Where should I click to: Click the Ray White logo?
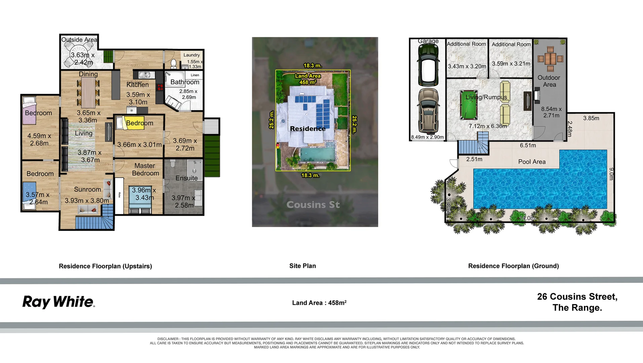click(x=59, y=301)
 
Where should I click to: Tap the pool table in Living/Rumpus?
click(x=469, y=105)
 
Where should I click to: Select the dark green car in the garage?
click(x=428, y=65)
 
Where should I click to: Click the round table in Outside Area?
click(x=79, y=56)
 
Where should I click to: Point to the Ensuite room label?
click(x=187, y=178)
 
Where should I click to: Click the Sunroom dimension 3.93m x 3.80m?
click(x=87, y=201)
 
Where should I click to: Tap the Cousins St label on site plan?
click(x=313, y=205)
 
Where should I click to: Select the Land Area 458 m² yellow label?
click(x=308, y=79)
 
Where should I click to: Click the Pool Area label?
click(x=532, y=162)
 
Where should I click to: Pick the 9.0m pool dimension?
click(x=611, y=174)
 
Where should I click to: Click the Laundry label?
click(x=192, y=55)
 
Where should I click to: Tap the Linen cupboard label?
click(x=195, y=75)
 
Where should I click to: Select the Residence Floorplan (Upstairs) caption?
click(x=105, y=266)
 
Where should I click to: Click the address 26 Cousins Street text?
click(x=577, y=297)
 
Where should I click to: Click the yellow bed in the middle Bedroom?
click(x=134, y=122)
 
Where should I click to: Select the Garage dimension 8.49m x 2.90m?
click(x=427, y=137)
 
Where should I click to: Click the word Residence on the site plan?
click(x=308, y=129)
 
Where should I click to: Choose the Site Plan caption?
click(x=303, y=266)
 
